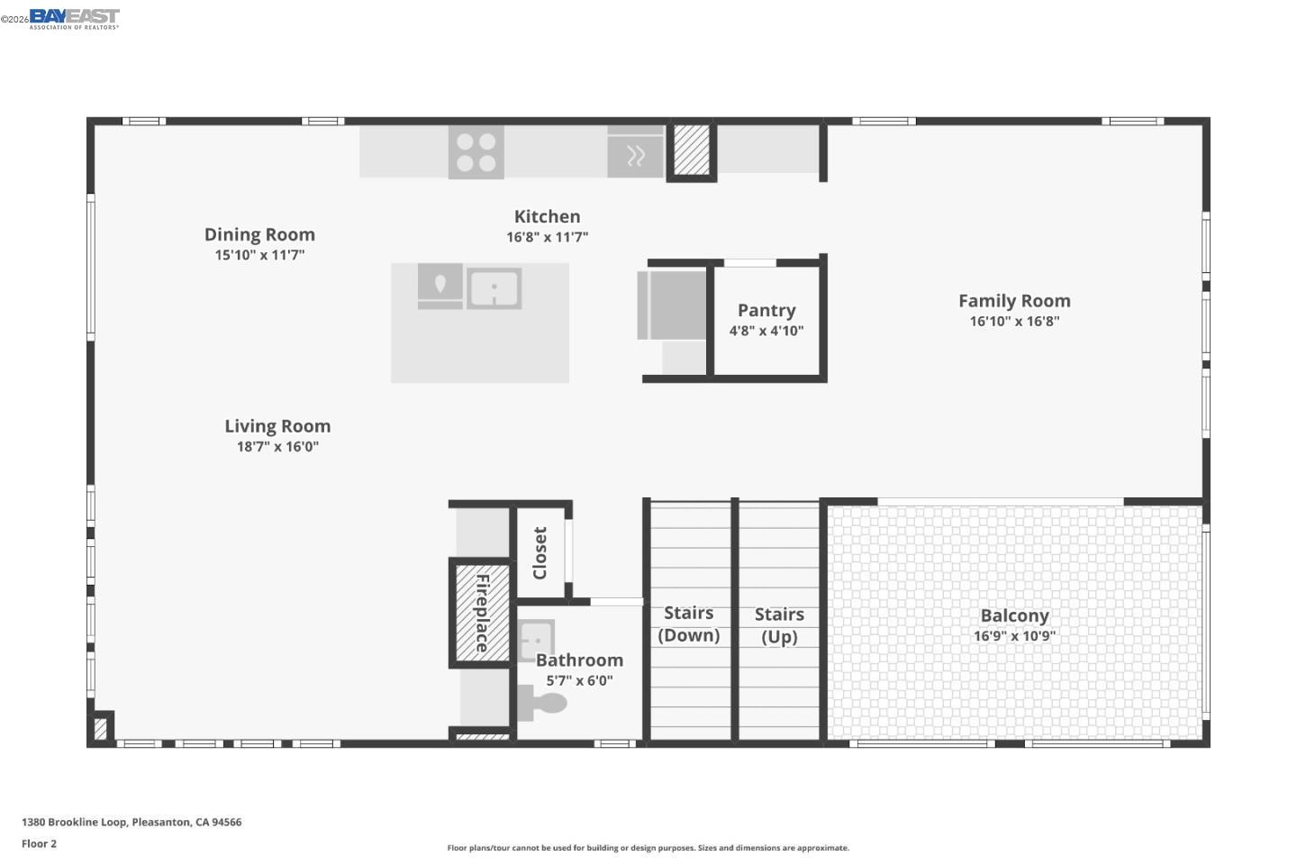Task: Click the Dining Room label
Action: (x=259, y=234)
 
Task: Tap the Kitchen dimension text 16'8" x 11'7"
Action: (x=547, y=237)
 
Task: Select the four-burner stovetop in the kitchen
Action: (x=476, y=152)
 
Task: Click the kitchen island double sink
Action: (x=494, y=289)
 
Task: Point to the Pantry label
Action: (x=766, y=310)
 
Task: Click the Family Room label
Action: (x=1014, y=301)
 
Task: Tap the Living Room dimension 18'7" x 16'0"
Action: (x=277, y=447)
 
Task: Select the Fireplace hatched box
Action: (x=482, y=613)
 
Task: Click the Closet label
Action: (x=540, y=553)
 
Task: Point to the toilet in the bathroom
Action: (x=542, y=703)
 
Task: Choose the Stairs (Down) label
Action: (x=689, y=624)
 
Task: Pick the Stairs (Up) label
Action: (x=779, y=625)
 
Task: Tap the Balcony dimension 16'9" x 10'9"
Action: (x=1014, y=636)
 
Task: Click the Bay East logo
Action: (x=74, y=18)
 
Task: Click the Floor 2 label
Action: (x=40, y=844)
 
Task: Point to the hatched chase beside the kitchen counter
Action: (x=692, y=150)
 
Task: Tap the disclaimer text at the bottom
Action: (x=648, y=848)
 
